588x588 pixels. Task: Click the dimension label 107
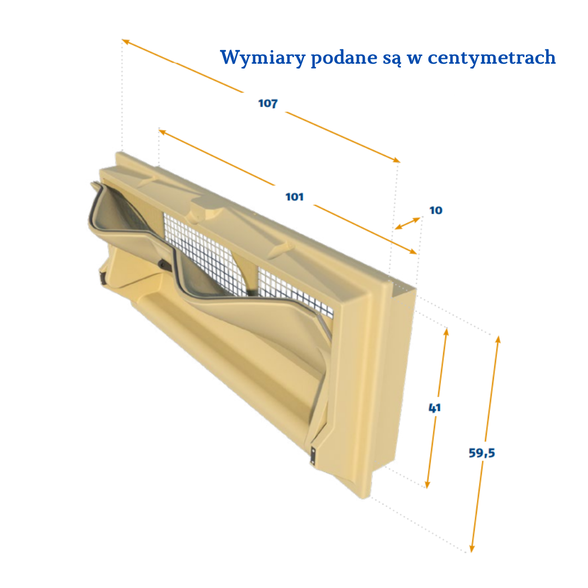tap(268, 103)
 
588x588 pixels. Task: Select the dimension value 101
tap(295, 197)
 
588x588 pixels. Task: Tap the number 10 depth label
tap(436, 210)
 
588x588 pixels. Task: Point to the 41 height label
tap(434, 408)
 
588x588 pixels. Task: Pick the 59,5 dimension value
tap(482, 452)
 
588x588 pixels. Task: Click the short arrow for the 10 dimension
tap(408, 223)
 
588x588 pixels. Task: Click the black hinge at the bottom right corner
tap(313, 455)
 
